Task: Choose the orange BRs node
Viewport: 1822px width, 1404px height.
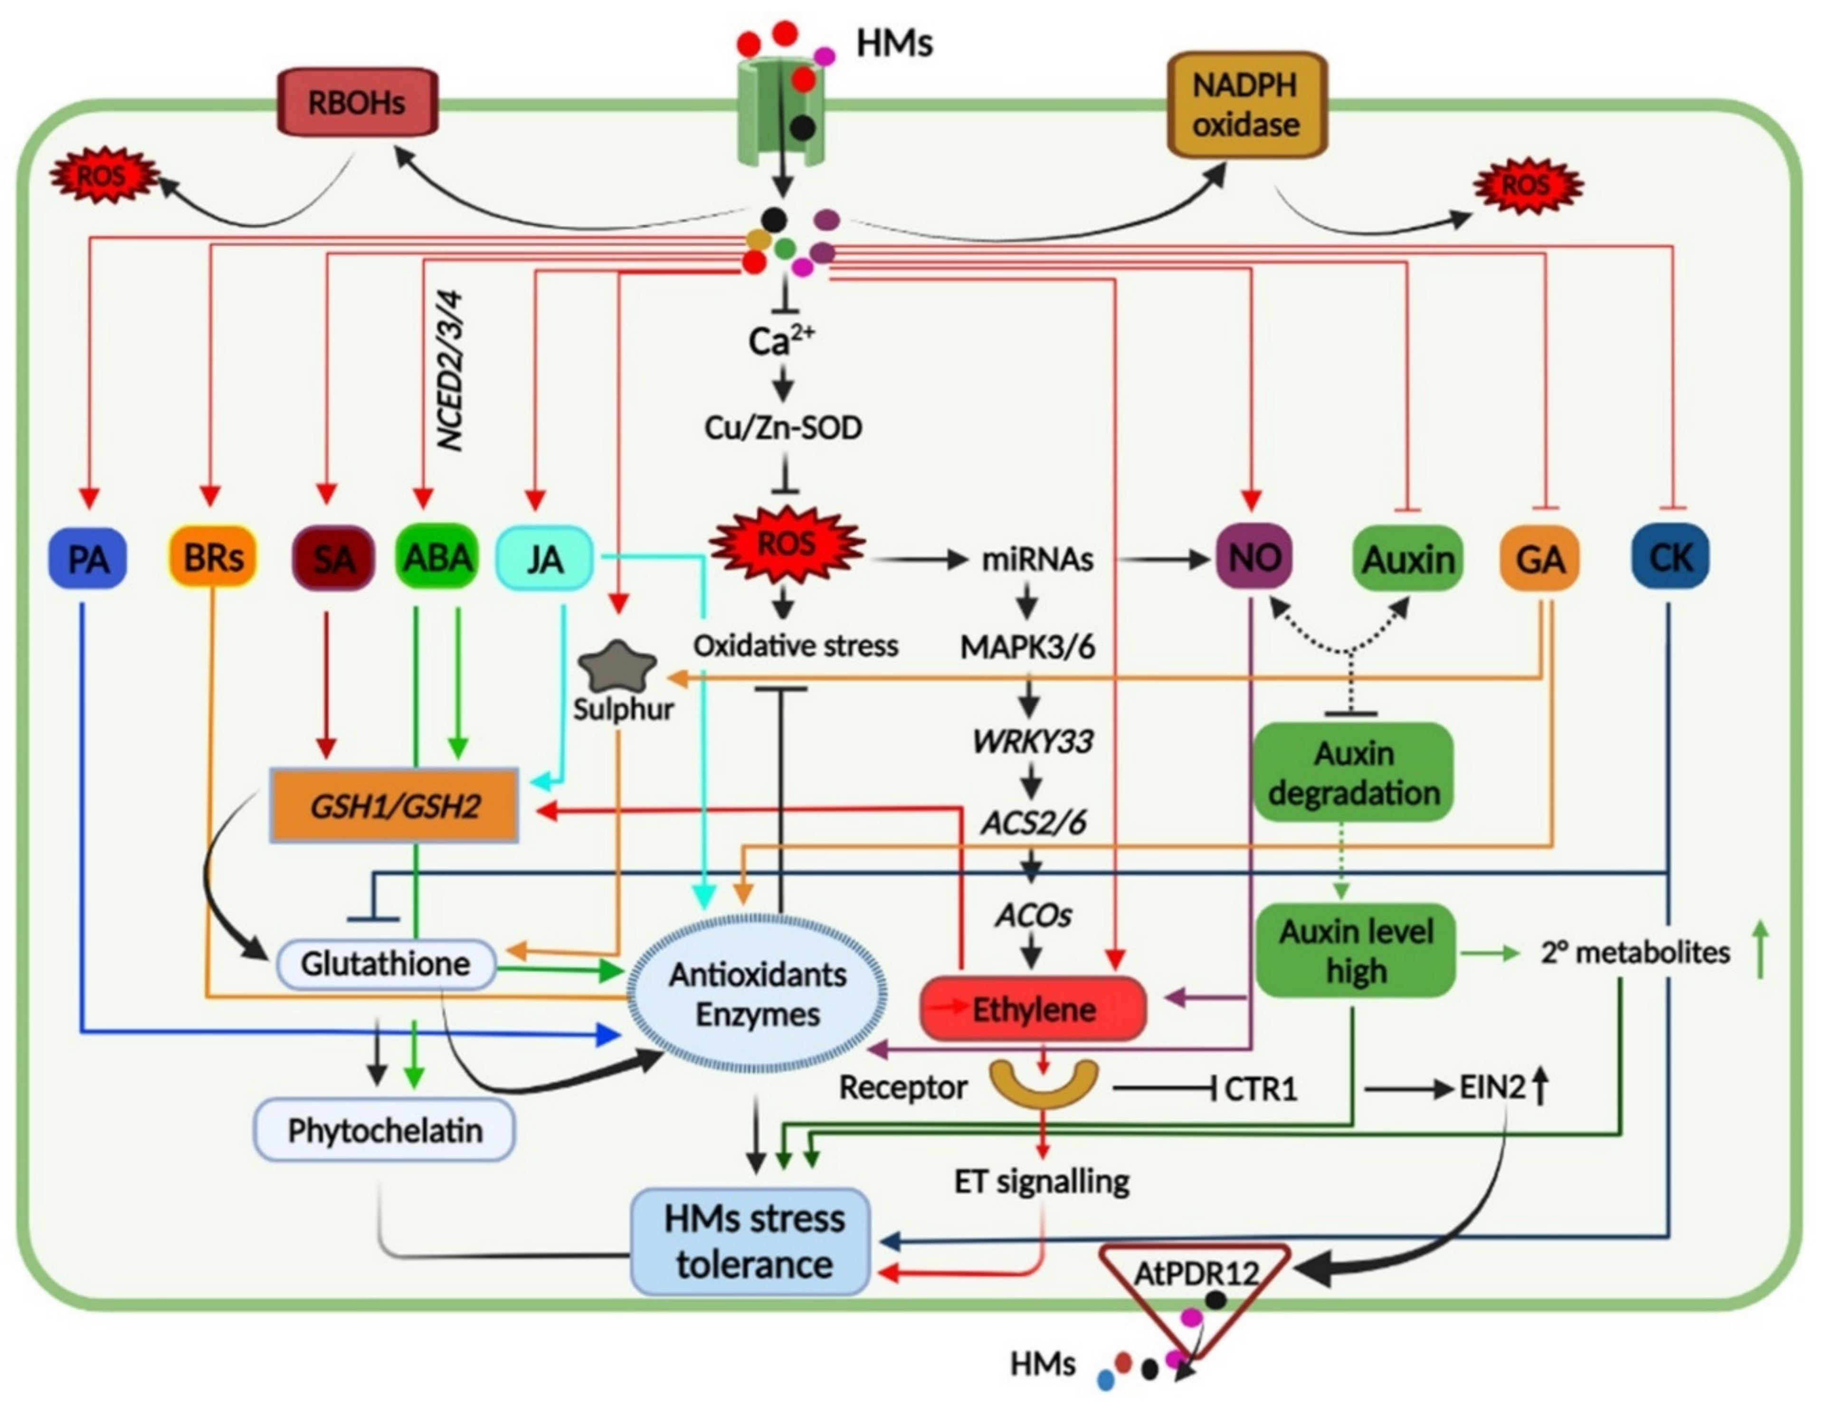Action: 213,557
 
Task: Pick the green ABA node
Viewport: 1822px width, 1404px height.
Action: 437,557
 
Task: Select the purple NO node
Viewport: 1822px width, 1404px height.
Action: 1254,557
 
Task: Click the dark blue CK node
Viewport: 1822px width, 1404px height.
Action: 1670,557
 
